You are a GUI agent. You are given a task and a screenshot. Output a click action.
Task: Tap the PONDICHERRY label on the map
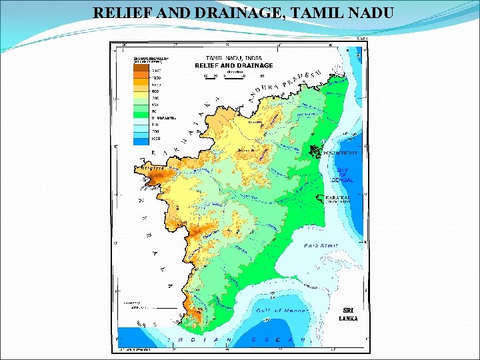point(340,153)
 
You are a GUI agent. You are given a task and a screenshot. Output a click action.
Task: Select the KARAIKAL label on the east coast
point(337,198)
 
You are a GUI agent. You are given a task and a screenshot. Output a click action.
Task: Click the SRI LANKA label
point(348,315)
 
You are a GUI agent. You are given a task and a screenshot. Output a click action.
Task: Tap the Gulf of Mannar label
point(281,311)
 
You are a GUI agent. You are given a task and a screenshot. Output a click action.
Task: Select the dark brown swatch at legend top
point(141,69)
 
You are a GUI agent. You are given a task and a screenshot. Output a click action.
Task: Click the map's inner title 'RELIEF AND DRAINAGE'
point(233,65)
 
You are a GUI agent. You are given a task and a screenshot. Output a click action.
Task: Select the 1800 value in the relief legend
point(156,78)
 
